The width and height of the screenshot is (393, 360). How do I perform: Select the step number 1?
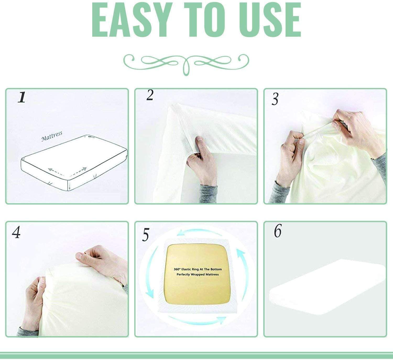click(22, 97)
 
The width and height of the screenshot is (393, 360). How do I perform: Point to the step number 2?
click(150, 96)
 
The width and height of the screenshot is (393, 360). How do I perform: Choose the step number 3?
click(275, 99)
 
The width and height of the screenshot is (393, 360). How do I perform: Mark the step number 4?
click(16, 232)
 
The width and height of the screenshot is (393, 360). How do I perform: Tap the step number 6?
click(277, 231)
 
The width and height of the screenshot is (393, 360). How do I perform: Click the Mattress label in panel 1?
click(52, 136)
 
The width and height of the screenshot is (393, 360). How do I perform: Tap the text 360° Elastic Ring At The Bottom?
click(198, 269)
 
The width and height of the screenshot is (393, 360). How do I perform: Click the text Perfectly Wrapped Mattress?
click(198, 274)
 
